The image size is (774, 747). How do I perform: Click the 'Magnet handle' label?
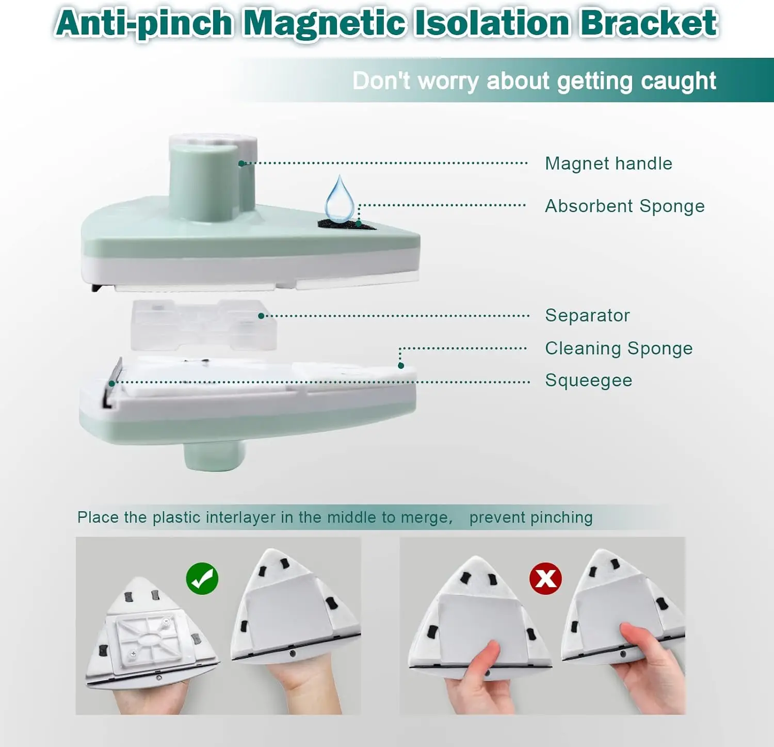608,164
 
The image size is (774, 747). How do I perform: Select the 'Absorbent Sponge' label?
625,206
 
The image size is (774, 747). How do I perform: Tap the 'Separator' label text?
587,315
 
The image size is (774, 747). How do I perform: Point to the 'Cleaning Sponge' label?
619,349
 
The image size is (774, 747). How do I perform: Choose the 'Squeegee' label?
589,381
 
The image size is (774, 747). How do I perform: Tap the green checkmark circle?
202,578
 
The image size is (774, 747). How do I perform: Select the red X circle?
545,578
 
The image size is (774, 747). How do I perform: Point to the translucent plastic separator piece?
203,325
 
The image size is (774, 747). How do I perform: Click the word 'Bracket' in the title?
649,23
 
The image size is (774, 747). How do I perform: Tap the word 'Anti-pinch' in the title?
144,24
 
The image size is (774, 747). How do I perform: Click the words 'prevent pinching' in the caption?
531,517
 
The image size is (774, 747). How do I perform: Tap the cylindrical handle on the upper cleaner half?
213,178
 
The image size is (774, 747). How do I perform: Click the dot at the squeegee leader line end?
112,383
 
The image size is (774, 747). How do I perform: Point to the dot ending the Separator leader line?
261,316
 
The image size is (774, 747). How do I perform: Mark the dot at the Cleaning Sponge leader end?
401,366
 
